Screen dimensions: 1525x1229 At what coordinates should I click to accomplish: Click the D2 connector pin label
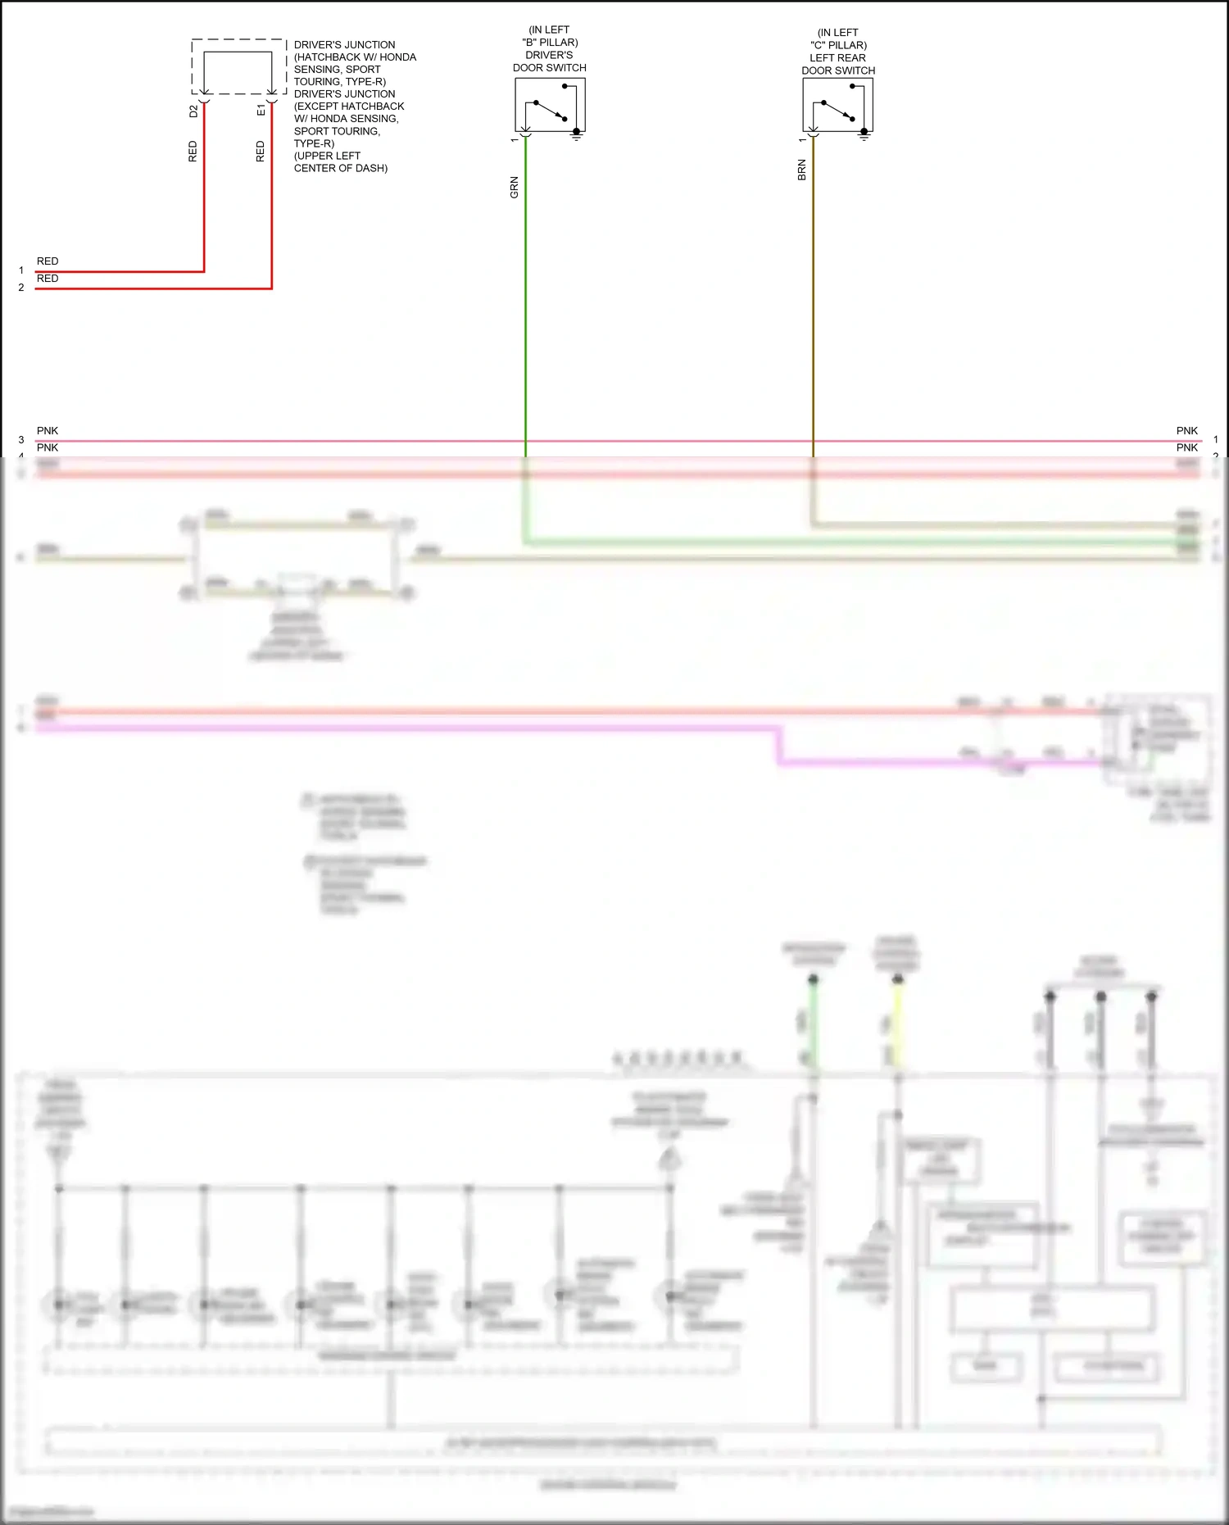(x=193, y=111)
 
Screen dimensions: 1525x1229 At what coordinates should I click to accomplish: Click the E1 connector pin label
(x=261, y=110)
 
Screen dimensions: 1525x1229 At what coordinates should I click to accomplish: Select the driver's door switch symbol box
(x=550, y=104)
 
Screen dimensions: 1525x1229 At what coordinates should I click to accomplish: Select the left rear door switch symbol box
(x=837, y=104)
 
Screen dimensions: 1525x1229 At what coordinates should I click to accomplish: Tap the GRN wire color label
(x=515, y=187)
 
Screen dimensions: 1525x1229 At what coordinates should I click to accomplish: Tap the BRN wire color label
(x=801, y=170)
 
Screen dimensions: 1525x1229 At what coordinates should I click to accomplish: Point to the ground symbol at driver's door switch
(x=577, y=135)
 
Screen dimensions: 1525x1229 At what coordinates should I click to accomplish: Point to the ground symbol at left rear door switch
(x=864, y=135)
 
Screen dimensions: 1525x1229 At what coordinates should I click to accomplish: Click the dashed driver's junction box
(x=238, y=66)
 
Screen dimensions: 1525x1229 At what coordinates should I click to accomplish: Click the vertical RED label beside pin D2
(x=193, y=152)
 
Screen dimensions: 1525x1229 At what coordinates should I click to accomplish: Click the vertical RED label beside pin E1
(x=261, y=152)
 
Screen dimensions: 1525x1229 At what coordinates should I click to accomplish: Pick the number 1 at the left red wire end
(x=21, y=270)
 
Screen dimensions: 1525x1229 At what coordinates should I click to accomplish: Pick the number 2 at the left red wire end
(x=21, y=288)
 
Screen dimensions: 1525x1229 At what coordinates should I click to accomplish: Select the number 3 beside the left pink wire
(x=21, y=440)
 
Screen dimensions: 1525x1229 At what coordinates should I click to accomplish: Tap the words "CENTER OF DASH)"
(x=341, y=168)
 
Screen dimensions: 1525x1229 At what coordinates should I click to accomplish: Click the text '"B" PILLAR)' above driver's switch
(x=550, y=43)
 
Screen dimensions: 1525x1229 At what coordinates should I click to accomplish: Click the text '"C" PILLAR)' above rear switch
(x=838, y=45)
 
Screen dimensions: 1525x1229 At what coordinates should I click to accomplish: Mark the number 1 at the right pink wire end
(x=1216, y=440)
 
